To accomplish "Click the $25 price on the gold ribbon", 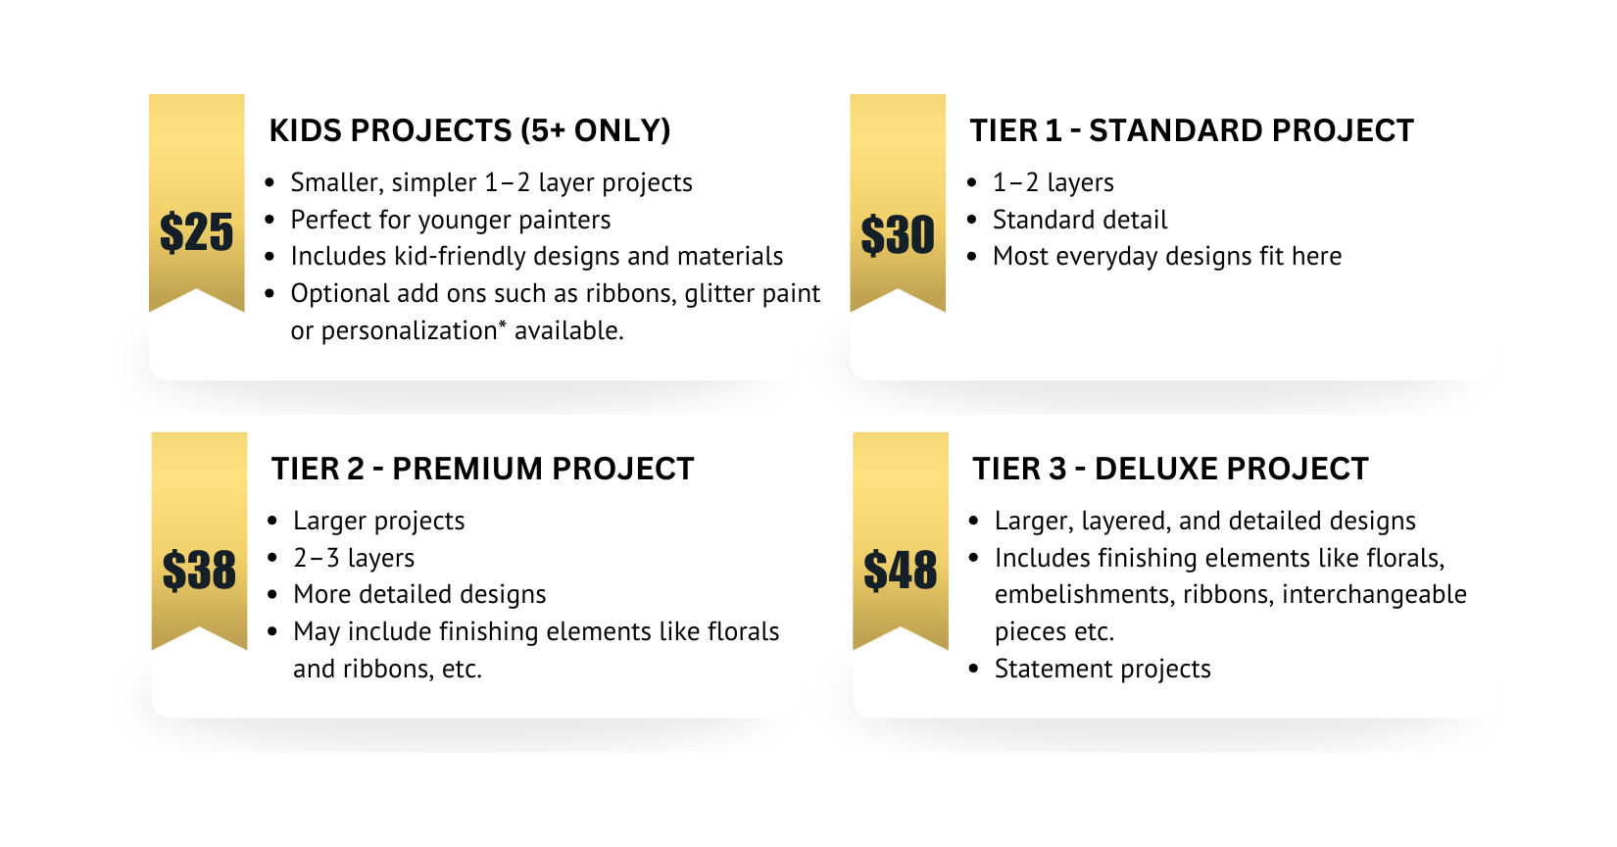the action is tap(196, 232).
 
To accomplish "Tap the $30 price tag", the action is tap(898, 234).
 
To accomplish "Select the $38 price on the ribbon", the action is tap(199, 571).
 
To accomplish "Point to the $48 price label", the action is tap(901, 571).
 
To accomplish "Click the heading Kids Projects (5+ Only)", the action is tap(470, 130).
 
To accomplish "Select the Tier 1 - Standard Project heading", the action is tap(1192, 130).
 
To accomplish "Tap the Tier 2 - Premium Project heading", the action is tap(483, 469).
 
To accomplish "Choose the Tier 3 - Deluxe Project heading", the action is tap(1170, 469).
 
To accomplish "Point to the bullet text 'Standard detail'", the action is tap(1080, 220).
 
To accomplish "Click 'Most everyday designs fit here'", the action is tap(1167, 256).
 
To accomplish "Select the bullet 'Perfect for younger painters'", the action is tap(451, 220).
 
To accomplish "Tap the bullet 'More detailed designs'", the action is tap(419, 594).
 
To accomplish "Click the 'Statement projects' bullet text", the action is tap(1102, 669).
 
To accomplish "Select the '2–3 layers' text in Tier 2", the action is tap(354, 558).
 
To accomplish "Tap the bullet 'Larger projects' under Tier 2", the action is tap(379, 521).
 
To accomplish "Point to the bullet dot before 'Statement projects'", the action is tap(974, 669).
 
